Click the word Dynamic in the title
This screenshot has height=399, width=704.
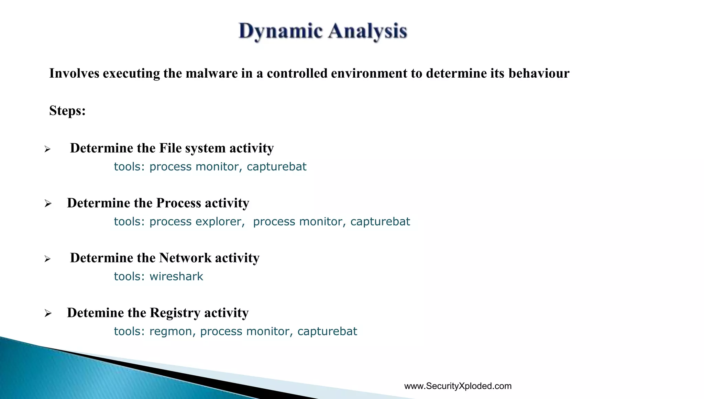tap(280, 31)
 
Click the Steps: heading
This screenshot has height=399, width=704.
tap(67, 111)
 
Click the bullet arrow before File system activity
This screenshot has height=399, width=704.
tap(47, 149)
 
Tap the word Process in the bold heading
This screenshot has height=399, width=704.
tap(178, 203)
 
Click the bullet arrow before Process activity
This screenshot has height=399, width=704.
tap(48, 204)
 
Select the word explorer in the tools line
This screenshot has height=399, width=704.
tap(220, 222)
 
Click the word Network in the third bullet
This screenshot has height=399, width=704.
tap(185, 258)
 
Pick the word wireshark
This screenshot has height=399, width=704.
tap(176, 277)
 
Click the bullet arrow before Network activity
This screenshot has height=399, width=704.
tap(47, 259)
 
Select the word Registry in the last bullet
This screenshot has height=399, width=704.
tap(175, 313)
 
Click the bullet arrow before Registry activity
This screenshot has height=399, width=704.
tap(48, 313)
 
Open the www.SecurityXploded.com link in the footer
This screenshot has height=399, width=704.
tap(458, 386)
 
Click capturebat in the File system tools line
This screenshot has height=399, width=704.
tap(276, 167)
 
